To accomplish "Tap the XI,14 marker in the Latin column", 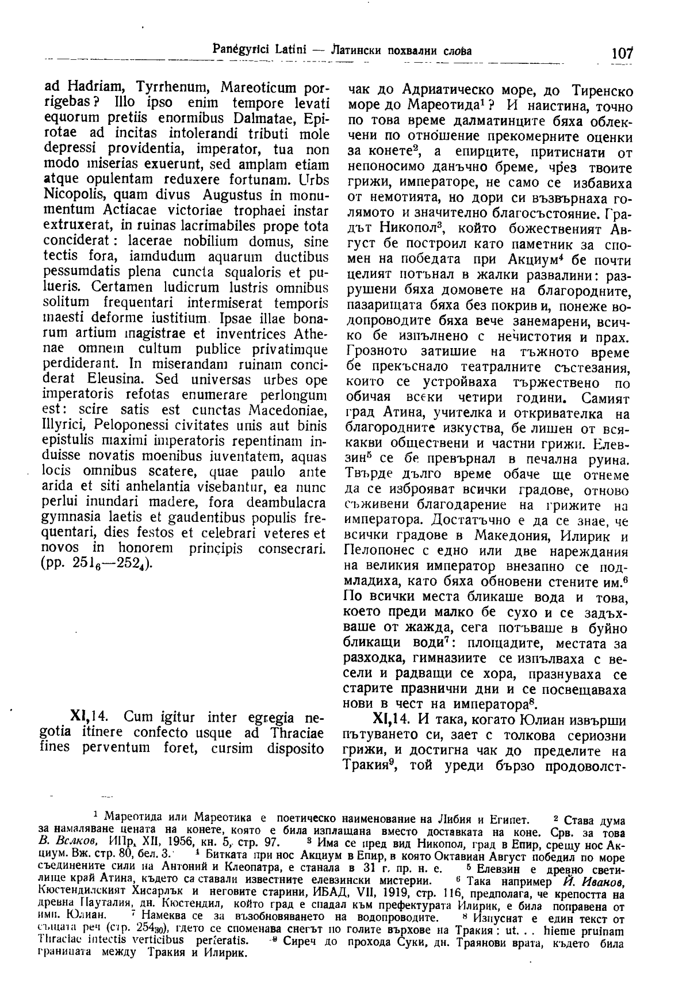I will click(x=87, y=718).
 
